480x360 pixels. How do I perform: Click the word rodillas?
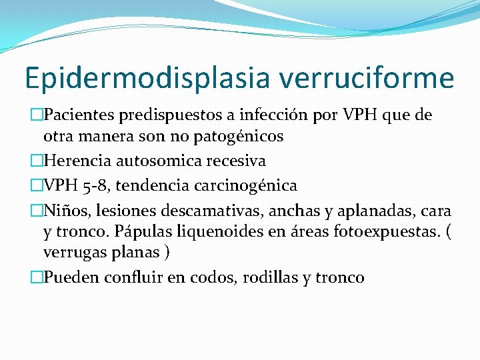click(x=267, y=277)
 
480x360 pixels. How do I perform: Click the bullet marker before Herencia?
click(x=37, y=161)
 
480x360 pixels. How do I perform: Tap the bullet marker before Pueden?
click(x=37, y=277)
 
